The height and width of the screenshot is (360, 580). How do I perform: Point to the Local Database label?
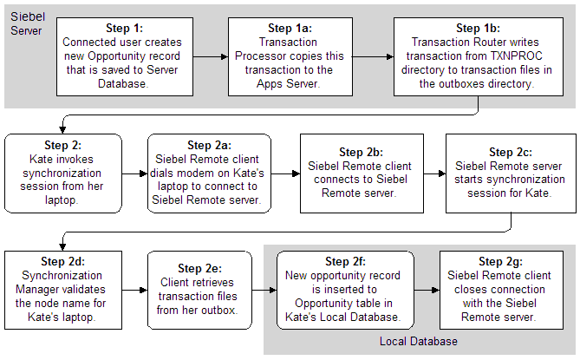pyautogui.click(x=418, y=342)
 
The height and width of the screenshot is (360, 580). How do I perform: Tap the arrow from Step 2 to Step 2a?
pyautogui.click(x=133, y=173)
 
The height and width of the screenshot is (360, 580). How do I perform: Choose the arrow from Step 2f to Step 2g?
pyautogui.click(x=431, y=288)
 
